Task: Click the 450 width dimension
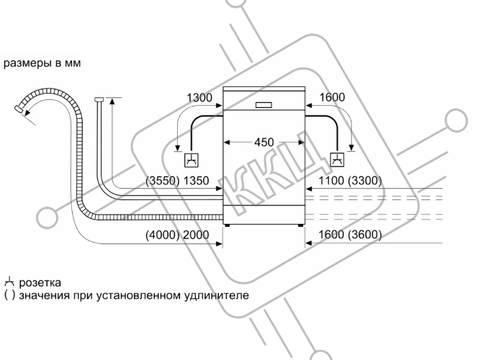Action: point(264,142)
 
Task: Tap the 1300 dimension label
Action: point(199,97)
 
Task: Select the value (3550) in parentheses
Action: point(163,181)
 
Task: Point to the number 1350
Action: point(196,181)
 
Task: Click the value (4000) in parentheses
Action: point(163,235)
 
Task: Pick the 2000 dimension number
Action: point(196,235)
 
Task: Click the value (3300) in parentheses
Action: point(365,181)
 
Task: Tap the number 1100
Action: point(331,181)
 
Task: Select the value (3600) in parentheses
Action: point(365,235)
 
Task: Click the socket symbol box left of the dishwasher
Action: point(192,160)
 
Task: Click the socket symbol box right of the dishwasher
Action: point(337,159)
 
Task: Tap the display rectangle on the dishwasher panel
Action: point(264,105)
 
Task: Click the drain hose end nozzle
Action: point(19,109)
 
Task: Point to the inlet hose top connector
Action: point(99,99)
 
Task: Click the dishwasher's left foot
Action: point(228,225)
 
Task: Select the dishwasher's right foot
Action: point(300,225)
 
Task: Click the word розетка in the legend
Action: point(40,283)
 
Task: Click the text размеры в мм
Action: point(42,63)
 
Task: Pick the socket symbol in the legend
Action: point(9,282)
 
